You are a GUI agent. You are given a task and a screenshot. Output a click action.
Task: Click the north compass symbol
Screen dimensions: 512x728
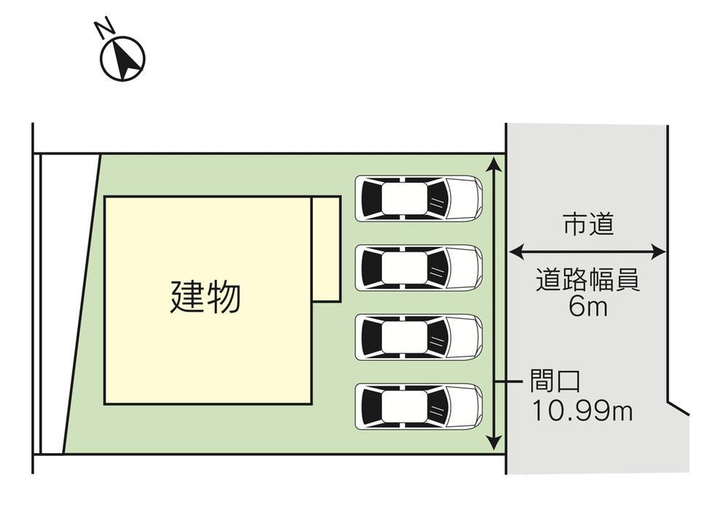122,58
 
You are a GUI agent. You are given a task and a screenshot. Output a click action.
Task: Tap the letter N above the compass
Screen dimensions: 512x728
104,29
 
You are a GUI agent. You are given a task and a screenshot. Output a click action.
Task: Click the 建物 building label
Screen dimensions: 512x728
205,297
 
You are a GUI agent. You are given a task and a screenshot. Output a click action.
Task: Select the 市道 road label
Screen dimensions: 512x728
588,225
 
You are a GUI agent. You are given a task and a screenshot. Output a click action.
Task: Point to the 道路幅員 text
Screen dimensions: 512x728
588,280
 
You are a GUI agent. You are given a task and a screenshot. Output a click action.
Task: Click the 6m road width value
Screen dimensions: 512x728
588,307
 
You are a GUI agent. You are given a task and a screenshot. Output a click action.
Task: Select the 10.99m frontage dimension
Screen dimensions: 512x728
581,411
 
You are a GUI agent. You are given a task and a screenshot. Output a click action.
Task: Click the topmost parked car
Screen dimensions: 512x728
419,198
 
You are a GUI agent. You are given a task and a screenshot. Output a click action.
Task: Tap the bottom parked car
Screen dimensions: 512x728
419,406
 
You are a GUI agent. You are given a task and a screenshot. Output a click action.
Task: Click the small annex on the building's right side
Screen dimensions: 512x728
326,248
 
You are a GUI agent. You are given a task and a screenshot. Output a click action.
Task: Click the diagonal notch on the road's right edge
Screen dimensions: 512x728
678,408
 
